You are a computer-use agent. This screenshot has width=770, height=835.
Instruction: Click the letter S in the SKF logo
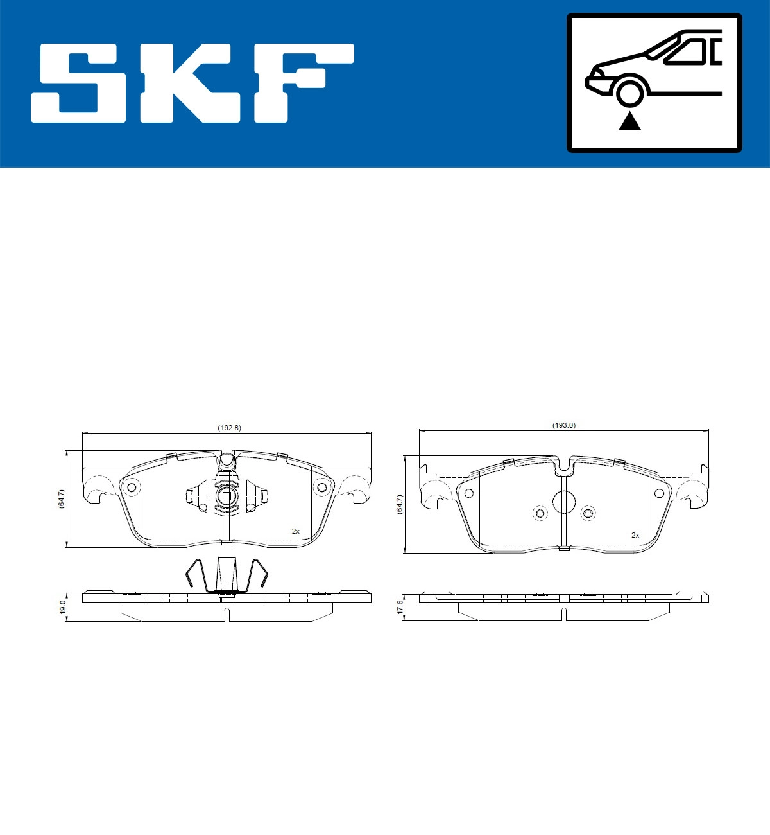coord(80,83)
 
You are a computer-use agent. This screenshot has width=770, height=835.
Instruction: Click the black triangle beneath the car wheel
coord(629,121)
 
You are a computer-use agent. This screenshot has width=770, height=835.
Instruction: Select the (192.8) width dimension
coord(229,428)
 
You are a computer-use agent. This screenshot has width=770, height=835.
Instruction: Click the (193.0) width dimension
coord(564,425)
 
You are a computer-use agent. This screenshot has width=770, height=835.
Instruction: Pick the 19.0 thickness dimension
coord(62,607)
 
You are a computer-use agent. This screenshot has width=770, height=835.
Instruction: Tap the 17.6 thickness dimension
coord(399,608)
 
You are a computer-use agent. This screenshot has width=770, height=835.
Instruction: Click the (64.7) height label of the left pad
coord(61,499)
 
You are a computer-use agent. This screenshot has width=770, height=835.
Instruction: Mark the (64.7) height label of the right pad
coord(398,505)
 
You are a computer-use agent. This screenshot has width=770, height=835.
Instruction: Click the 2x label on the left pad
coord(295,531)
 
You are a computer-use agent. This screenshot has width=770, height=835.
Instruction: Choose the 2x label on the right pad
coord(635,534)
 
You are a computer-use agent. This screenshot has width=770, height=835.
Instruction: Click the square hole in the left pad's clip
coord(226,495)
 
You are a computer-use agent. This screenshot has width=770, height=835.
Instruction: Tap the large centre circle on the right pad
coord(564,502)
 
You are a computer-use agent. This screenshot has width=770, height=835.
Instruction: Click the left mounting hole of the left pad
coord(132,488)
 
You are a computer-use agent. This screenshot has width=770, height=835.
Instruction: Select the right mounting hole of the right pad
coord(659,493)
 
